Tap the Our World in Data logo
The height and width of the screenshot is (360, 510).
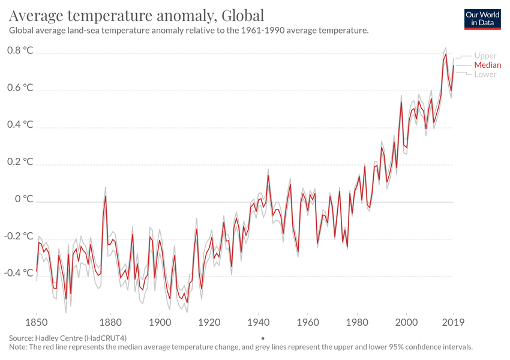(x=482, y=19)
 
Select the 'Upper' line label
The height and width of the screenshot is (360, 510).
(x=485, y=56)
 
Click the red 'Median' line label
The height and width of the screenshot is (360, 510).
(x=487, y=65)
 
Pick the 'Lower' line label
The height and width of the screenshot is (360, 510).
(x=485, y=74)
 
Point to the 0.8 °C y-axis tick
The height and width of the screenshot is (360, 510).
(x=20, y=51)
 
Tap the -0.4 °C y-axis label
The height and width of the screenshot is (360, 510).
(x=20, y=273)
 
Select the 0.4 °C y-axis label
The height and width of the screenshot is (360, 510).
(x=20, y=125)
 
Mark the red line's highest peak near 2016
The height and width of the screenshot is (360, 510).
(x=446, y=55)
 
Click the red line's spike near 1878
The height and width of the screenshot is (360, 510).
(x=106, y=196)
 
